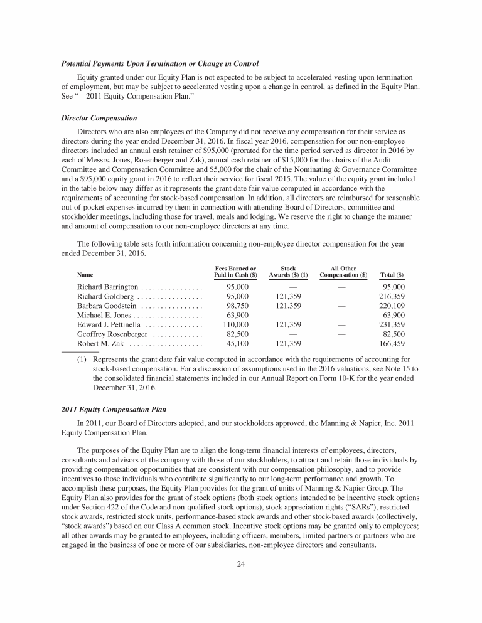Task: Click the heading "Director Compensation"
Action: click(99, 118)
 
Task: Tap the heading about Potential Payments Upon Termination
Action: click(160, 64)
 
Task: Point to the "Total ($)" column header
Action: click(392, 274)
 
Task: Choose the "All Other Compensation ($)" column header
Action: click(343, 272)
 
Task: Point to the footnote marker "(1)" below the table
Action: click(82, 360)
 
